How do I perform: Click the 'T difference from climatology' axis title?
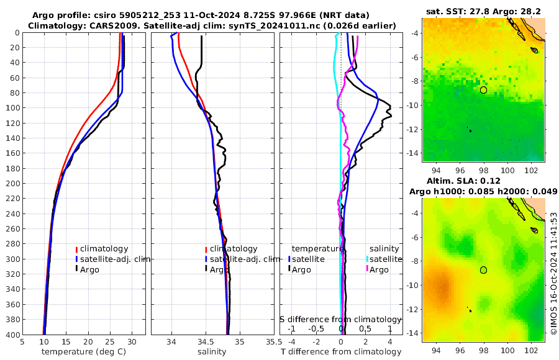(341, 352)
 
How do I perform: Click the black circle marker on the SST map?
(483, 90)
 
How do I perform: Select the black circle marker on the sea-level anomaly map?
(483, 270)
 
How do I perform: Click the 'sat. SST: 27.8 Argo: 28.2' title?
(483, 12)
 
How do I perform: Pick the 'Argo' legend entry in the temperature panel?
(90, 269)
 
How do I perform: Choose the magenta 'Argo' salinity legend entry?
(379, 269)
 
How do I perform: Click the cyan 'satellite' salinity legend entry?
(386, 259)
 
